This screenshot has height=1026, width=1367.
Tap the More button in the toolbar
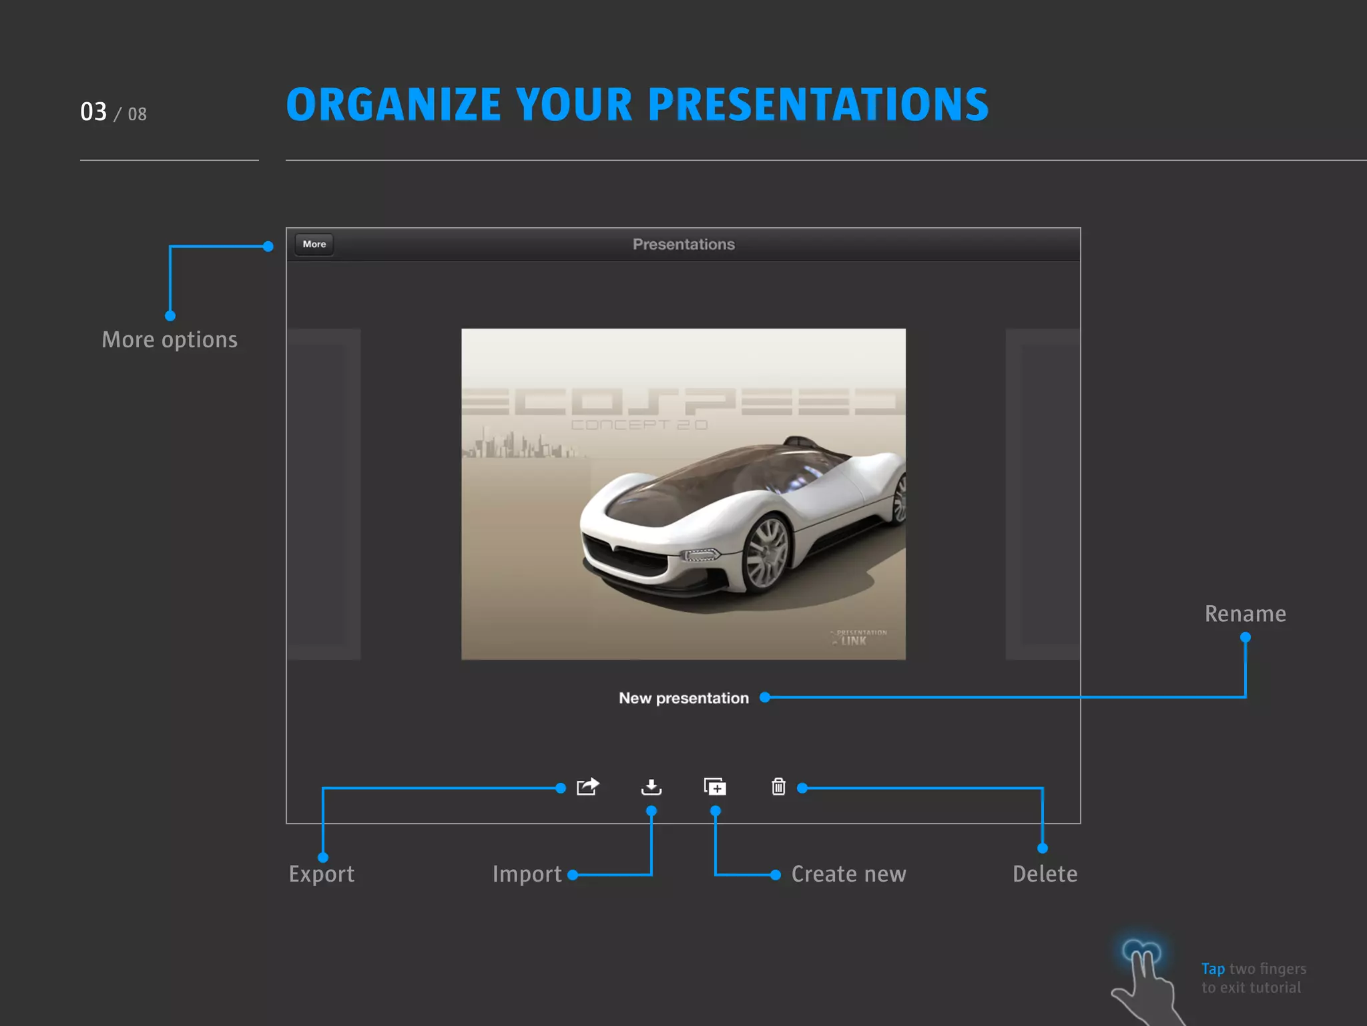tap(314, 244)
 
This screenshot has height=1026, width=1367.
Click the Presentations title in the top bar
tap(683, 244)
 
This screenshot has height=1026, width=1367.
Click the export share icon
tap(587, 787)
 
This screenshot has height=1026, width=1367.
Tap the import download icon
tap(651, 787)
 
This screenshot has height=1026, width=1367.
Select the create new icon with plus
tap(715, 787)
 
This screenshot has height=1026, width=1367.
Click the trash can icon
tap(778, 787)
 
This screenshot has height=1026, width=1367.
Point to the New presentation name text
tap(683, 698)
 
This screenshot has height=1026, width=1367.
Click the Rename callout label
tap(1245, 614)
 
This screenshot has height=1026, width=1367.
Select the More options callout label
tap(170, 340)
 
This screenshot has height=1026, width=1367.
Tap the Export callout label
tap(322, 874)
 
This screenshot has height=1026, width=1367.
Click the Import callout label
tap(527, 874)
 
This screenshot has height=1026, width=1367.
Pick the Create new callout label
tap(848, 874)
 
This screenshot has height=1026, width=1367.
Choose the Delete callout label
tap(1045, 874)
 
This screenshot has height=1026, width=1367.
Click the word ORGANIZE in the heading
tap(394, 105)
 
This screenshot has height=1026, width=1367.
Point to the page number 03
tap(93, 112)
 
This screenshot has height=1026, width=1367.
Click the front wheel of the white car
tap(768, 554)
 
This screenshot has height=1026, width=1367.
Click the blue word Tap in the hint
tap(1213, 969)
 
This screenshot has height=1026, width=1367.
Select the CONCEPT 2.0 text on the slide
tap(639, 425)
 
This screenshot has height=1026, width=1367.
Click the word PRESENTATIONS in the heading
tap(818, 105)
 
